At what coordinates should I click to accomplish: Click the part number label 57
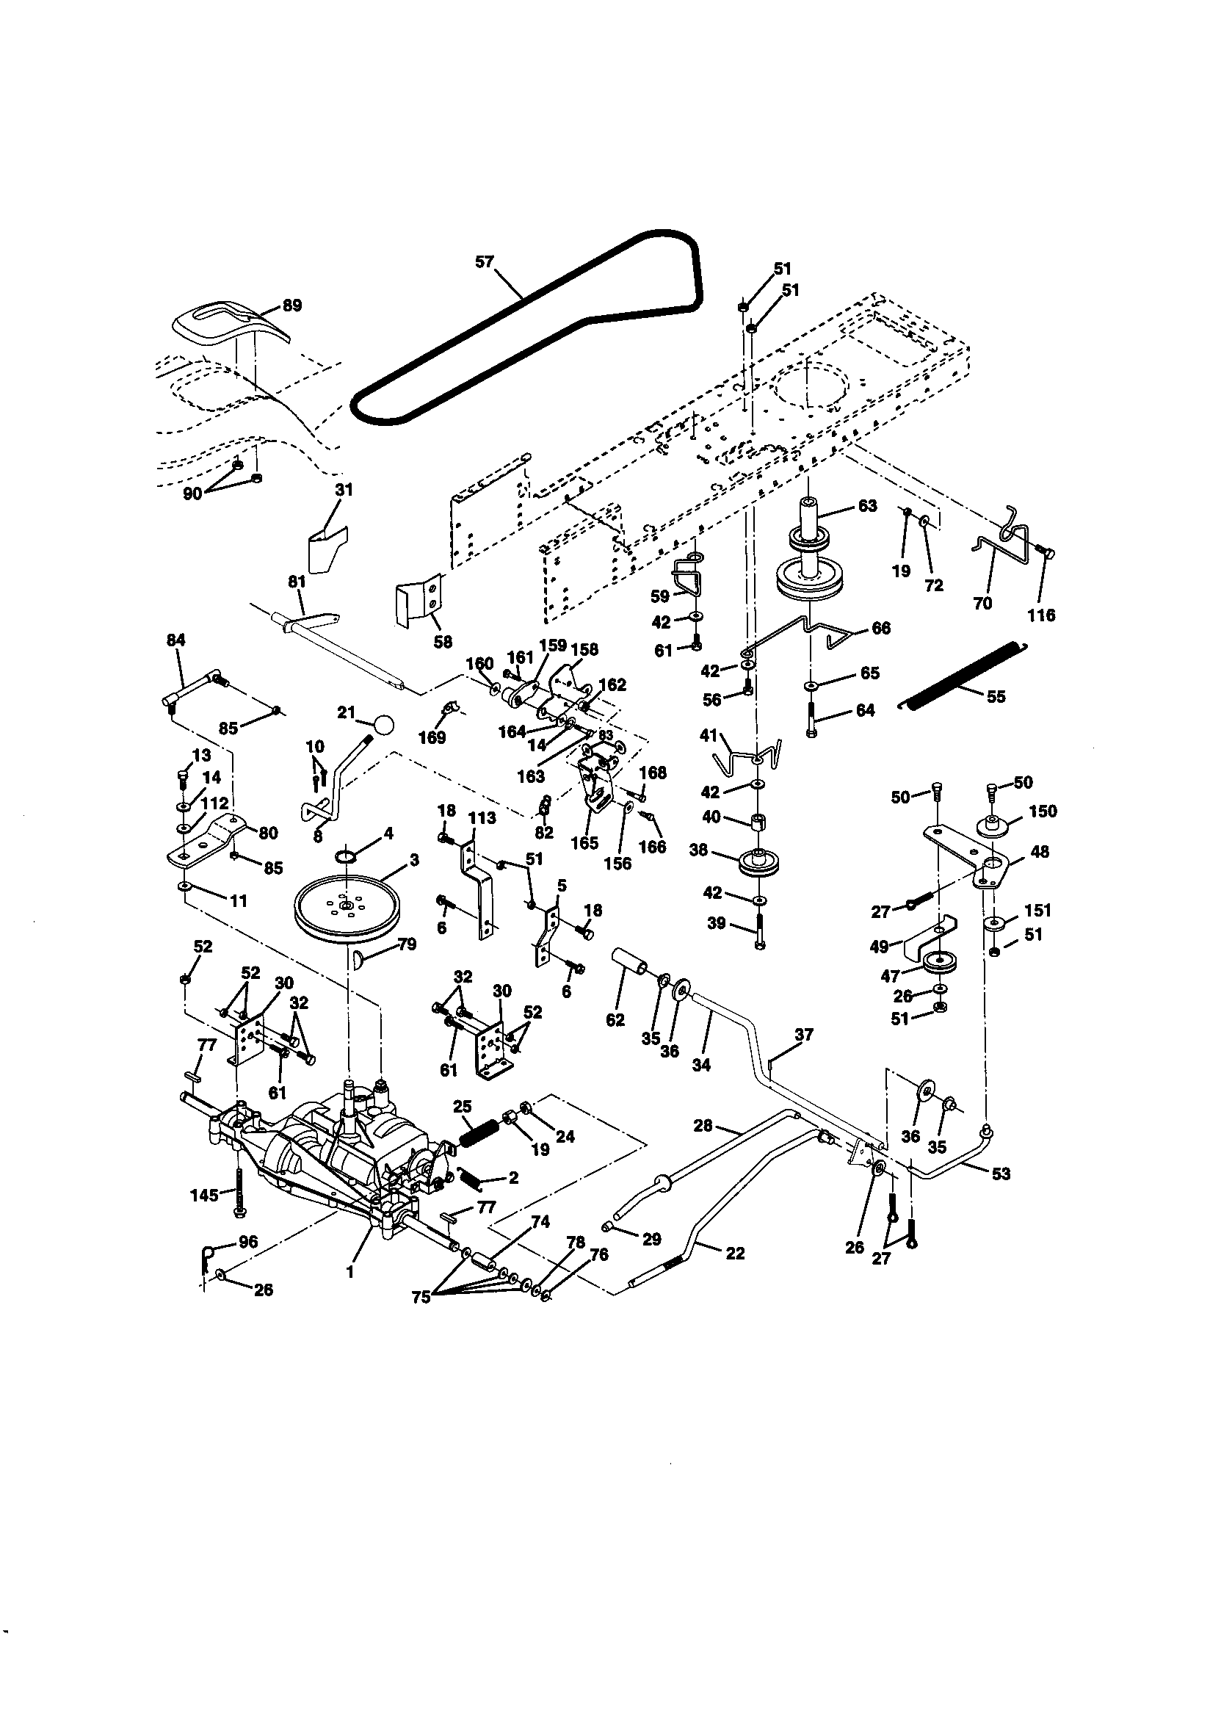coord(485,261)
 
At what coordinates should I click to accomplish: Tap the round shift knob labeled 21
coord(384,724)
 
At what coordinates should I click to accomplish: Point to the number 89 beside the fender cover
coord(291,305)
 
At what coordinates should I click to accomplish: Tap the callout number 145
coord(204,1194)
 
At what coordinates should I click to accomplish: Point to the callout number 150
coord(1043,811)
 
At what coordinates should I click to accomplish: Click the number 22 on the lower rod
coord(735,1253)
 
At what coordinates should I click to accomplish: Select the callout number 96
coord(247,1242)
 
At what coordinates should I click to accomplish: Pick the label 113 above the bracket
coord(482,818)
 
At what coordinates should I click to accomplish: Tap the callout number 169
coord(432,737)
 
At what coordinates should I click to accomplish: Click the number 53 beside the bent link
coord(1000,1174)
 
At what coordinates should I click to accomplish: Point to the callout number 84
coord(175,640)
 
